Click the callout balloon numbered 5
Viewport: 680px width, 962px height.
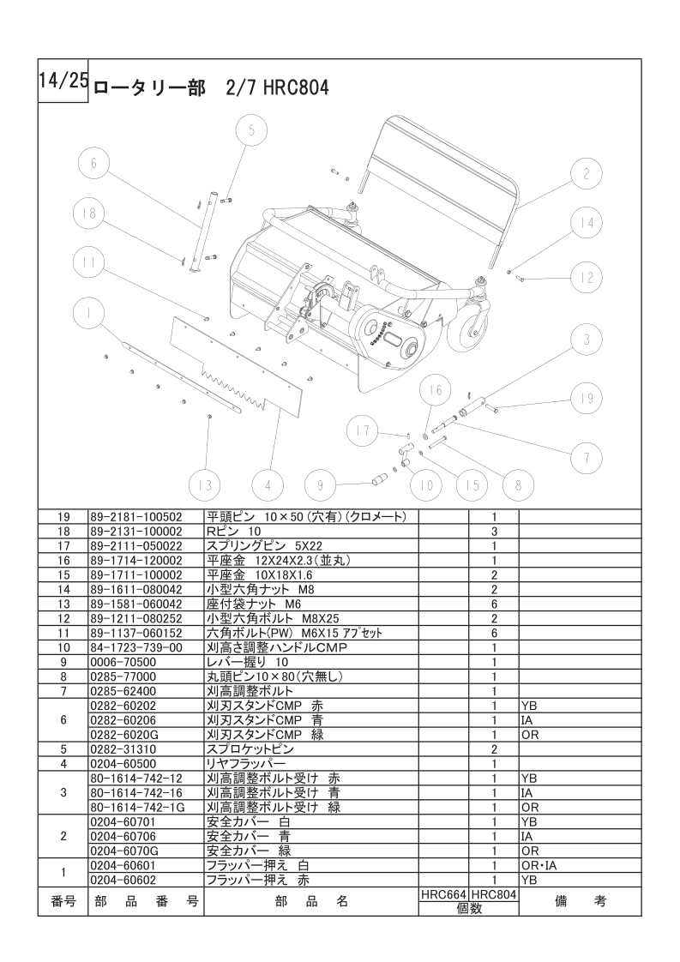click(251, 130)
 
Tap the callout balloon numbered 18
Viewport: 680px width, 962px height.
click(88, 213)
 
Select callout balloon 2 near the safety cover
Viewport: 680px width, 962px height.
click(587, 174)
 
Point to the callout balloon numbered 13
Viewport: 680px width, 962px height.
click(204, 485)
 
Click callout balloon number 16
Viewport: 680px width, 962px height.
click(436, 389)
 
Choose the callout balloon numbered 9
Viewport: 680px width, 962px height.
click(320, 485)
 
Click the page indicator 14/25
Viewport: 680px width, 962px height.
click(63, 81)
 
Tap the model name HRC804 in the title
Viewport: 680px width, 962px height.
click(297, 87)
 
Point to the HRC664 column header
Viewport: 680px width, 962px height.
click(442, 893)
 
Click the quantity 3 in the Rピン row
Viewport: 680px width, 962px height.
click(494, 532)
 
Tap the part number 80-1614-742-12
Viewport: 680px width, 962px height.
click(136, 778)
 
